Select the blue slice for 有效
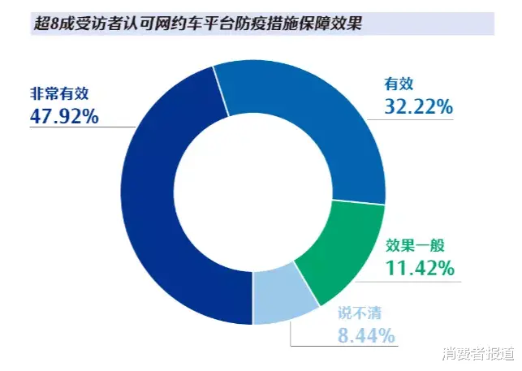tap(317, 114)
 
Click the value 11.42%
tap(418, 268)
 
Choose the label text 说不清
tap(359, 311)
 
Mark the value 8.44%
tap(365, 334)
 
